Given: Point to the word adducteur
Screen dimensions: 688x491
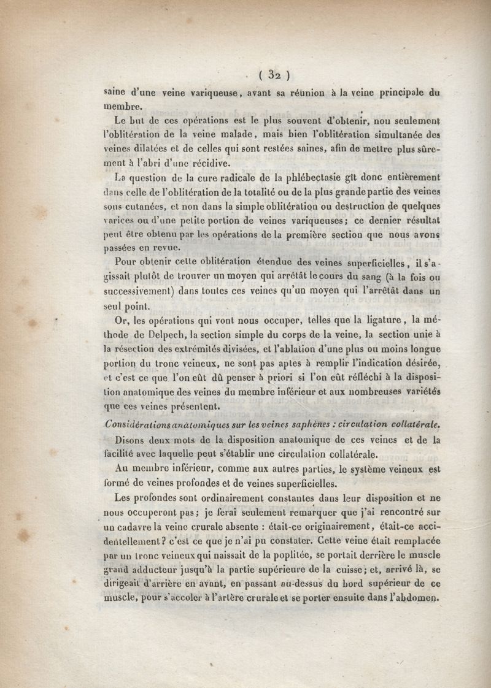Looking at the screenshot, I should (165, 571).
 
